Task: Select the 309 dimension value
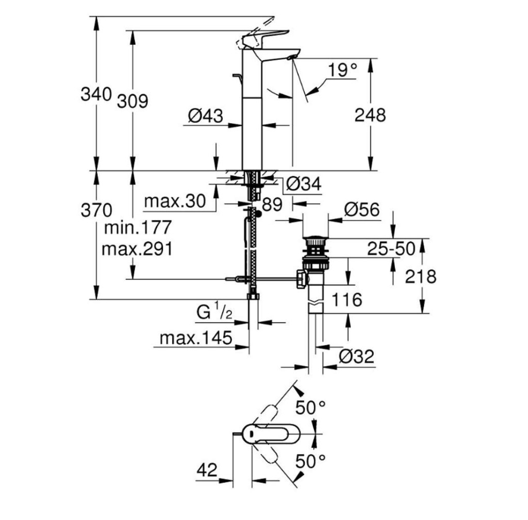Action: [133, 101]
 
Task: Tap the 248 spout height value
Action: [370, 115]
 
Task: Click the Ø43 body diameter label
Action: [205, 116]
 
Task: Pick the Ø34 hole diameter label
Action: [304, 184]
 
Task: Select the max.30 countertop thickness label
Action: [175, 202]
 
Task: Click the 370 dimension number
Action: [96, 210]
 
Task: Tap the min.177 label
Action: [138, 227]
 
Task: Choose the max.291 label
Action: [137, 249]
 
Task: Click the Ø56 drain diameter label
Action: [361, 210]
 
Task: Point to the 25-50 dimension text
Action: [391, 249]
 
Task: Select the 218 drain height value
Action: [421, 277]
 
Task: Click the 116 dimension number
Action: [347, 299]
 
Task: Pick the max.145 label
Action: [196, 338]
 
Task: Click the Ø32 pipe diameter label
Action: [357, 357]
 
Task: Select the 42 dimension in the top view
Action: [207, 469]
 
